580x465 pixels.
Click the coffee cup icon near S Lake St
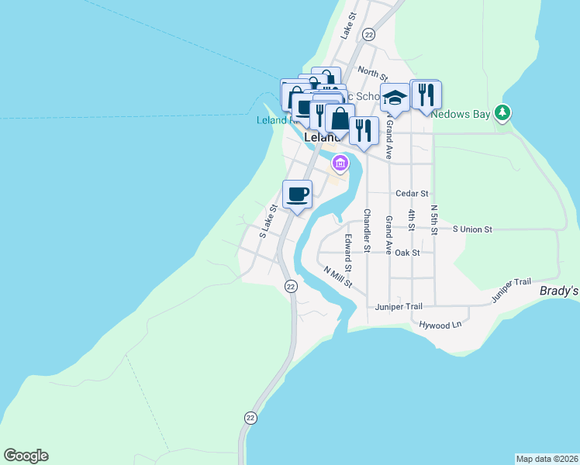point(298,193)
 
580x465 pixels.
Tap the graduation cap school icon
point(395,98)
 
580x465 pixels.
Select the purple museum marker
point(340,164)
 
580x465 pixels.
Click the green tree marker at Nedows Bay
point(503,113)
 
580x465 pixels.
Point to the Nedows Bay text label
point(461,115)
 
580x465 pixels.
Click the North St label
point(373,74)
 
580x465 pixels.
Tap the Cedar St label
point(411,193)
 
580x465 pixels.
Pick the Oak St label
point(407,253)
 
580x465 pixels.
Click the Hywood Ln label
point(440,325)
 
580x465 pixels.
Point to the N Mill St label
point(338,277)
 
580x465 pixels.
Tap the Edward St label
point(349,253)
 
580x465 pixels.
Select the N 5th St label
point(434,219)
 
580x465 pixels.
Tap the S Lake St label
point(268,222)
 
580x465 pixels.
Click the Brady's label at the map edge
point(559,291)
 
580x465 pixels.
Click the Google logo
point(26,456)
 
